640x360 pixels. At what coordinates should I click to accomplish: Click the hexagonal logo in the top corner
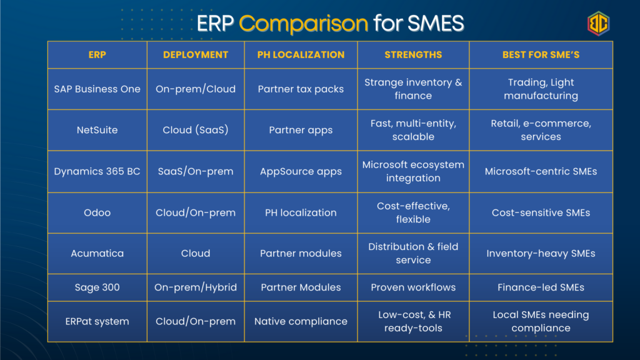pyautogui.click(x=598, y=23)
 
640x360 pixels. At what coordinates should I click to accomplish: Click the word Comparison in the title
pyautogui.click(x=303, y=24)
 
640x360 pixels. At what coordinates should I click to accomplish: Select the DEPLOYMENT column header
pyautogui.click(x=196, y=55)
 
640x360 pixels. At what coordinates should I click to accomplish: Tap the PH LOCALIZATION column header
pyautogui.click(x=301, y=55)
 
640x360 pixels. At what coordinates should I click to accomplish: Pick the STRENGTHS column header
pyautogui.click(x=413, y=55)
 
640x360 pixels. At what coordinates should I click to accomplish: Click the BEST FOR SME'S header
pyautogui.click(x=541, y=55)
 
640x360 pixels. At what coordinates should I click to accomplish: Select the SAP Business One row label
pyautogui.click(x=97, y=89)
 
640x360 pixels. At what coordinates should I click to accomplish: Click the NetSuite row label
pyautogui.click(x=97, y=130)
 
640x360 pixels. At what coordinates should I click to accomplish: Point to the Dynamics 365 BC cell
pyautogui.click(x=97, y=171)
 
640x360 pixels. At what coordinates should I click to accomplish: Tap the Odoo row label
pyautogui.click(x=97, y=212)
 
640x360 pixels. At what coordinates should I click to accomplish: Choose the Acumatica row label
pyautogui.click(x=97, y=254)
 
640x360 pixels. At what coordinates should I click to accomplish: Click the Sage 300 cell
pyautogui.click(x=97, y=287)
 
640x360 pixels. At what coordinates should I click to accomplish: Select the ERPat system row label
pyautogui.click(x=97, y=321)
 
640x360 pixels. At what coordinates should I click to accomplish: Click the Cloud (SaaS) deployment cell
pyautogui.click(x=196, y=130)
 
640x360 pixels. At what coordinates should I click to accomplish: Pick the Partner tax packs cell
pyautogui.click(x=301, y=89)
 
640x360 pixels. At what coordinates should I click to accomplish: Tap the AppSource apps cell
pyautogui.click(x=301, y=171)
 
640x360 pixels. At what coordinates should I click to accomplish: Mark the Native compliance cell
pyautogui.click(x=301, y=321)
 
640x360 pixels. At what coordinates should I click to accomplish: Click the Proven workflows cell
pyautogui.click(x=413, y=287)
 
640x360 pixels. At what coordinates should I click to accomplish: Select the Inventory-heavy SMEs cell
pyautogui.click(x=541, y=254)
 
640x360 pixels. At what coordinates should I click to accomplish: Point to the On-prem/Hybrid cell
pyautogui.click(x=196, y=287)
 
